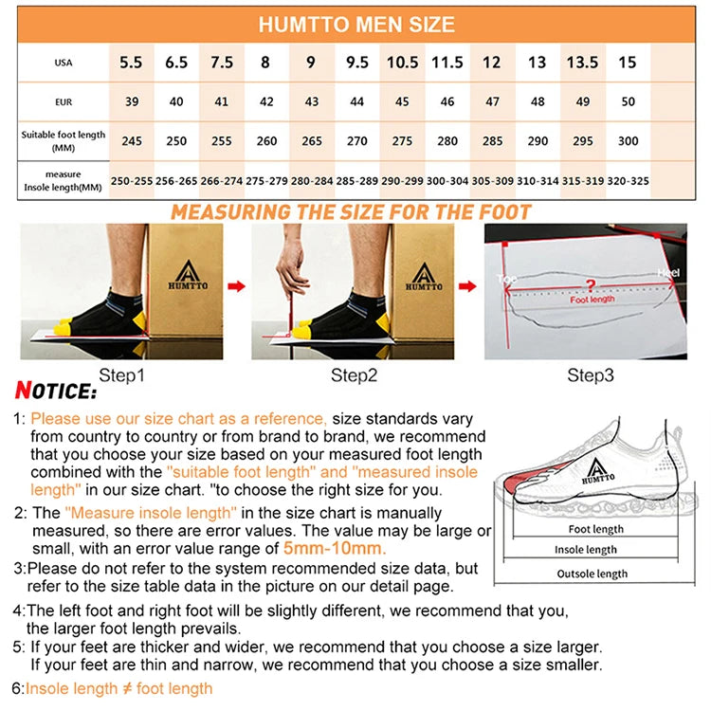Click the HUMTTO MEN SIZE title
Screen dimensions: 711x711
click(355, 24)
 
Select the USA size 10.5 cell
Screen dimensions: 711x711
click(402, 63)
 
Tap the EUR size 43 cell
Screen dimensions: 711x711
click(310, 101)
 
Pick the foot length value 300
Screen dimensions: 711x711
click(628, 140)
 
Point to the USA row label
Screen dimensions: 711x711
click(64, 63)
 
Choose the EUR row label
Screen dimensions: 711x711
click(64, 101)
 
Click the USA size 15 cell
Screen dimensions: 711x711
click(628, 63)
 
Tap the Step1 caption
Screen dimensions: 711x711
click(122, 375)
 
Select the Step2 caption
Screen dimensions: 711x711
click(354, 375)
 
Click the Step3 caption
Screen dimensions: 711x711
click(591, 375)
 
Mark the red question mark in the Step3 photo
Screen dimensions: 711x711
click(590, 284)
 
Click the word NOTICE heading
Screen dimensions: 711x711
click(56, 391)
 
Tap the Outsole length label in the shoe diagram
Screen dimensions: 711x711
click(592, 574)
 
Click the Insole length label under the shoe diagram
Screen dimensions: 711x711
click(586, 550)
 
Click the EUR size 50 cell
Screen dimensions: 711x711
click(628, 101)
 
